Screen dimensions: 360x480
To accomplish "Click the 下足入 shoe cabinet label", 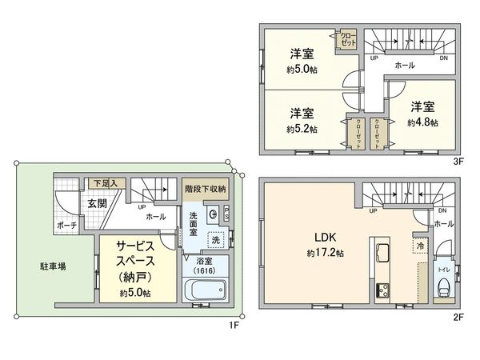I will tap(105, 183).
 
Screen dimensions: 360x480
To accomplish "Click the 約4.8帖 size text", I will tap(422, 123).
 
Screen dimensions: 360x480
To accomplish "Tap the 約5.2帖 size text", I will tap(302, 129).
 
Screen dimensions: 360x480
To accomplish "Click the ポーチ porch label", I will tap(67, 226).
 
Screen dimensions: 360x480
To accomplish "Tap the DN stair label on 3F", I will tap(443, 58).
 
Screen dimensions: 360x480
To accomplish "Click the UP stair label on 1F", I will tap(141, 206).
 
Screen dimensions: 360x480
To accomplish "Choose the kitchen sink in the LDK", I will tap(379, 255).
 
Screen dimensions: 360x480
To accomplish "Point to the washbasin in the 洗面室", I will tap(213, 214).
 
